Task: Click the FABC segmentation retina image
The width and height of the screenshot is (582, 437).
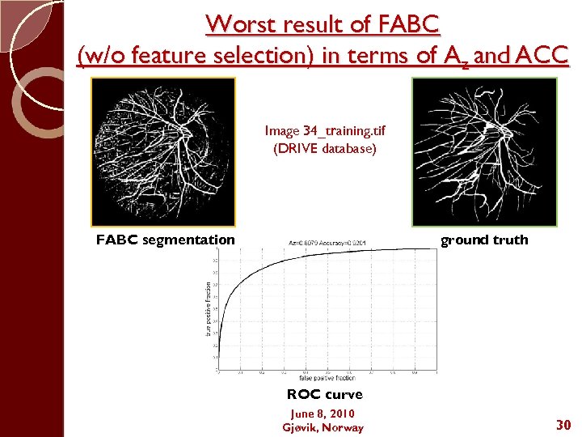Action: (x=163, y=151)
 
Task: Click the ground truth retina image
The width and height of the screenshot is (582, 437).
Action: (x=484, y=151)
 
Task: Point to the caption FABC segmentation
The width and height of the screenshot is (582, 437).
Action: (x=165, y=240)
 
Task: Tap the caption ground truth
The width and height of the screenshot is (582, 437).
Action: (x=484, y=240)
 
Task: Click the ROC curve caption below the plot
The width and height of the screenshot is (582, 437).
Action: (x=324, y=395)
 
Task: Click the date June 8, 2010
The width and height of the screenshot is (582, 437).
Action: (x=323, y=414)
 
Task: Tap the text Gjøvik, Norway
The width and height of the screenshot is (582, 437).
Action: (x=323, y=427)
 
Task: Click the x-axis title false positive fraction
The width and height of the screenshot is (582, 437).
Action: (x=327, y=378)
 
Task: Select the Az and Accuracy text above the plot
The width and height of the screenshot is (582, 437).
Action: (x=327, y=243)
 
